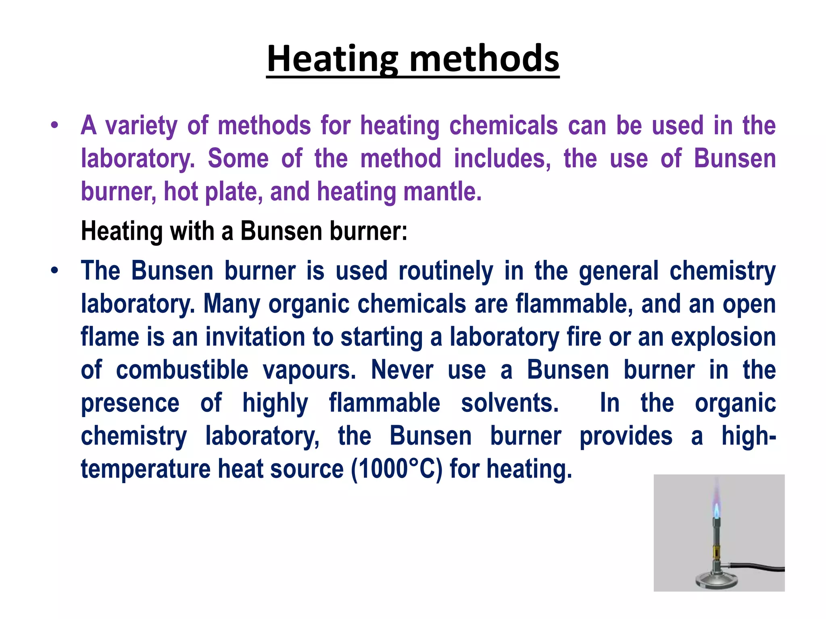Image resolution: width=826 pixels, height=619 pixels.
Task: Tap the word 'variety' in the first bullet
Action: tap(141, 126)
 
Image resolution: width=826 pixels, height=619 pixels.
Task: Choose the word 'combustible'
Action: tap(182, 370)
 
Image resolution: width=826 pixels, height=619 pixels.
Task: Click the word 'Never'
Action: tap(402, 370)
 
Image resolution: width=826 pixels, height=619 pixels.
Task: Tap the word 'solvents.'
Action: tap(510, 403)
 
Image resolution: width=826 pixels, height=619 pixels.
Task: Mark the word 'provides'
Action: tap(626, 436)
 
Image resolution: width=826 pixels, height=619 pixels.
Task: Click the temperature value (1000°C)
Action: tap(397, 469)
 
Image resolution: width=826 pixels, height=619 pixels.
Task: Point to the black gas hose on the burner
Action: tap(758, 569)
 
